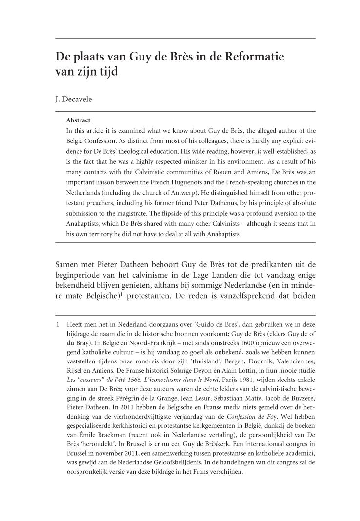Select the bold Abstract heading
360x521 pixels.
78,120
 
